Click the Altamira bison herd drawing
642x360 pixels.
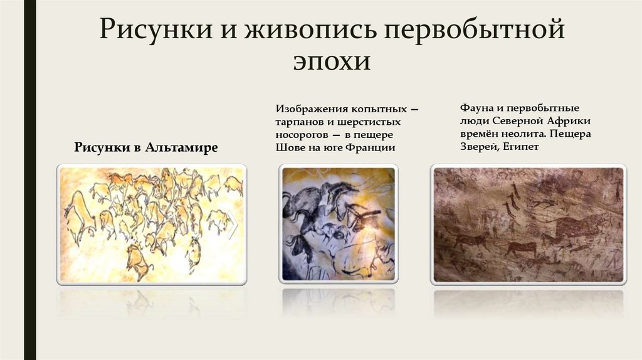151,223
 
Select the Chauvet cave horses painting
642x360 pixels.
339,223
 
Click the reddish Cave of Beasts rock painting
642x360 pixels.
528,224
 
